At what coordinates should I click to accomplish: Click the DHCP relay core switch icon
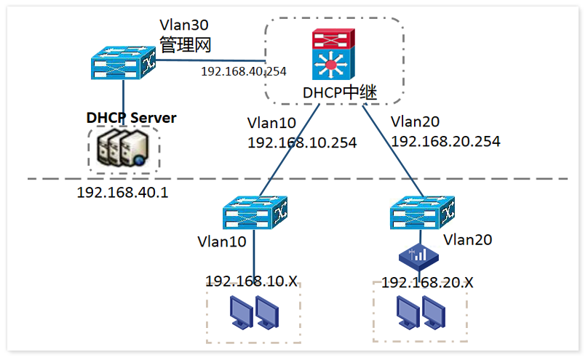(x=333, y=55)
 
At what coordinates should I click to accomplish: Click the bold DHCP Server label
(x=131, y=117)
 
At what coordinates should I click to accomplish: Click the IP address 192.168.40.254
(x=244, y=71)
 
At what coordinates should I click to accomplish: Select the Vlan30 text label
(x=184, y=25)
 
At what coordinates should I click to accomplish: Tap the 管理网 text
(x=185, y=44)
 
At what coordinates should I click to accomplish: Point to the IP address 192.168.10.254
(x=302, y=143)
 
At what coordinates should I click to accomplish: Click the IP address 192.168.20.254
(x=445, y=142)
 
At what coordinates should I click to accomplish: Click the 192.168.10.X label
(x=251, y=281)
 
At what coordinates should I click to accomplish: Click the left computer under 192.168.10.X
(x=242, y=313)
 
